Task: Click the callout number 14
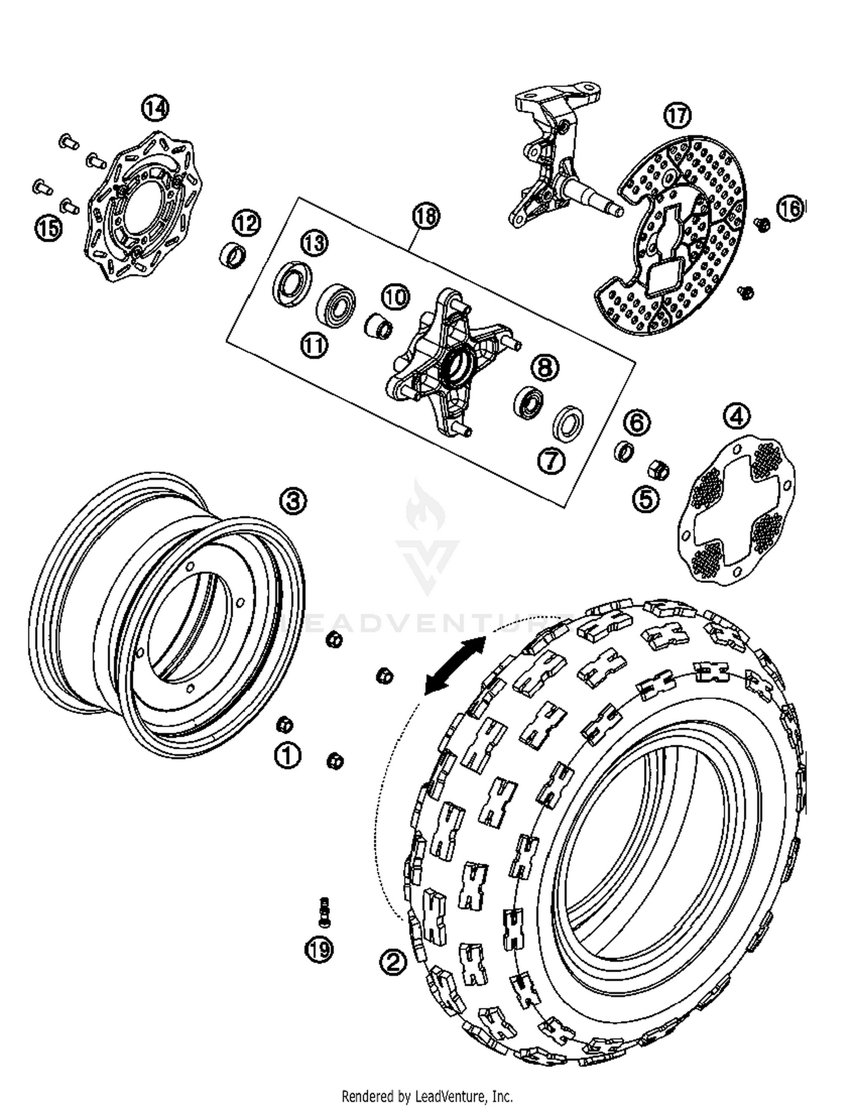155,108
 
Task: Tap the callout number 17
677,116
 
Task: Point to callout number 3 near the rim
292,501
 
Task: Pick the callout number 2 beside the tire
393,962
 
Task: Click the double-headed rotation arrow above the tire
455,666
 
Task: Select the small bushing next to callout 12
233,255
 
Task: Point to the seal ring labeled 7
568,423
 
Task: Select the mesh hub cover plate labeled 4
736,509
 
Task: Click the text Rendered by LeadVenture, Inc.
427,1096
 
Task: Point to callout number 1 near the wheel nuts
287,756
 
